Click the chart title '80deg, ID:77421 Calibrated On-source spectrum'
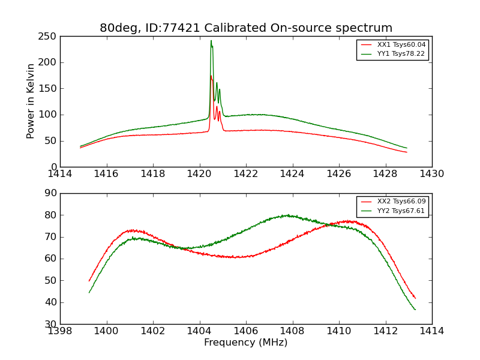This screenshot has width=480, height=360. click(246, 28)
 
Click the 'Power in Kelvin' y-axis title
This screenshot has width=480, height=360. click(31, 101)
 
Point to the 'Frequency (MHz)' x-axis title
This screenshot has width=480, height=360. click(246, 343)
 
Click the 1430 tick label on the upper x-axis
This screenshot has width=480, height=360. click(432, 174)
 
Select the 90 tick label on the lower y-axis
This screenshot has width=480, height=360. click(51, 193)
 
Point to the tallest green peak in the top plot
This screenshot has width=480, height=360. click(211, 41)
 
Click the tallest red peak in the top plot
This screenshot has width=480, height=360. click(211, 76)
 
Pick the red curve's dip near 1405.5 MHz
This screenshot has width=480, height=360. click(237, 257)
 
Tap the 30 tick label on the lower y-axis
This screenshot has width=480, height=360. click(51, 324)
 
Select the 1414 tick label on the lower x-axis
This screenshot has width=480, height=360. click(432, 331)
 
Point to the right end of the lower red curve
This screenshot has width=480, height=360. click(415, 298)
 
